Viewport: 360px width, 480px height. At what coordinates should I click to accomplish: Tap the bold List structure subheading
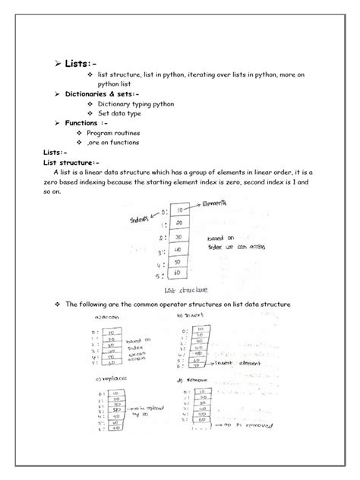pos(71,162)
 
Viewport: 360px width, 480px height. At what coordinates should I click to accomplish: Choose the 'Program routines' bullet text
pos(130,132)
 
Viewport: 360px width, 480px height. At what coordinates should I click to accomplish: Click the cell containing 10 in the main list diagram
pos(178,210)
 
